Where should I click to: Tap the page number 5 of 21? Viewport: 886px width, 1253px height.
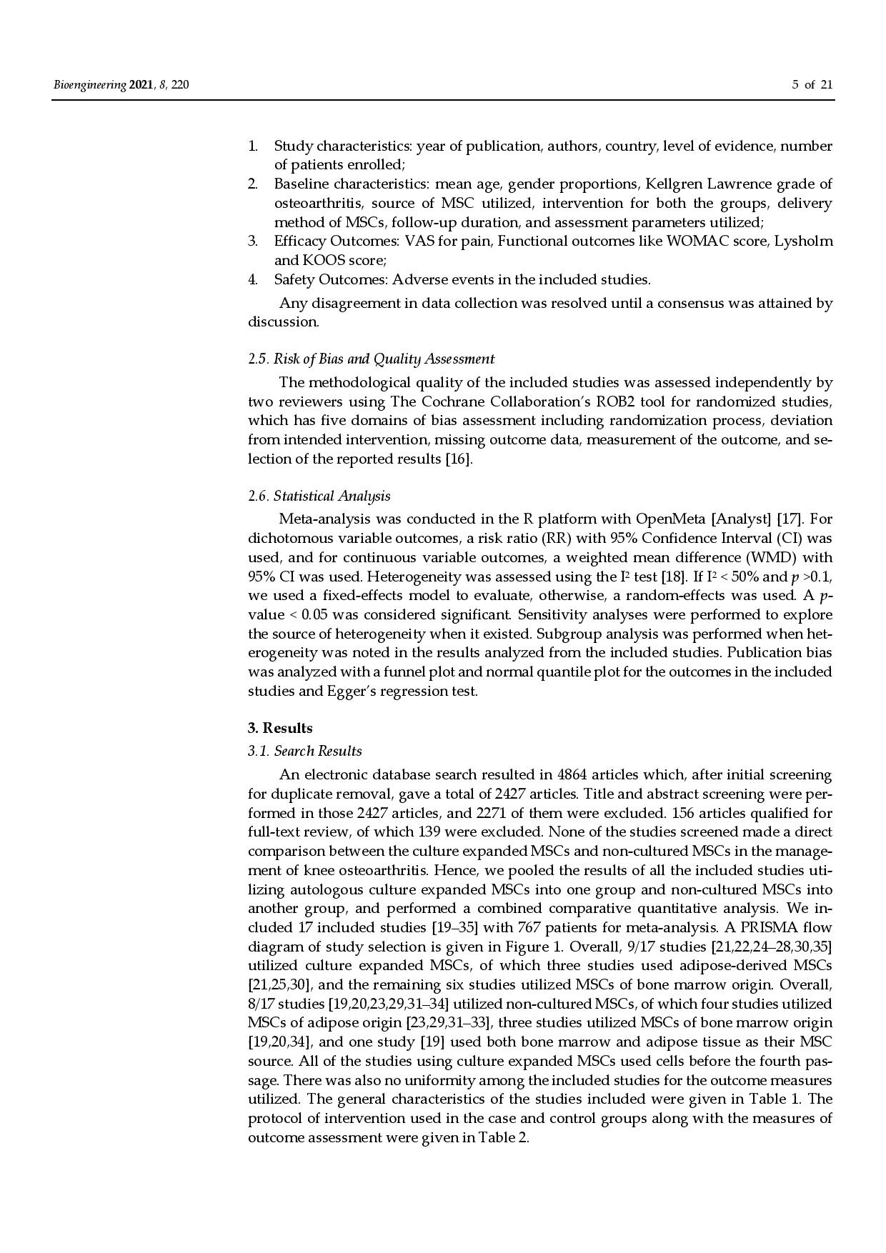(x=812, y=86)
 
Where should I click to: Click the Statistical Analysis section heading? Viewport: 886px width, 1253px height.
(x=319, y=496)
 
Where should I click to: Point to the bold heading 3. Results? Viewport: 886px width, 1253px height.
(x=280, y=728)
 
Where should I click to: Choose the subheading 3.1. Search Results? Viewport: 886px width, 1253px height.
(x=305, y=751)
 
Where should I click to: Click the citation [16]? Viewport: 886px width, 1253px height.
(x=459, y=459)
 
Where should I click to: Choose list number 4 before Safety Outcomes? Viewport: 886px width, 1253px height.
(x=252, y=279)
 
